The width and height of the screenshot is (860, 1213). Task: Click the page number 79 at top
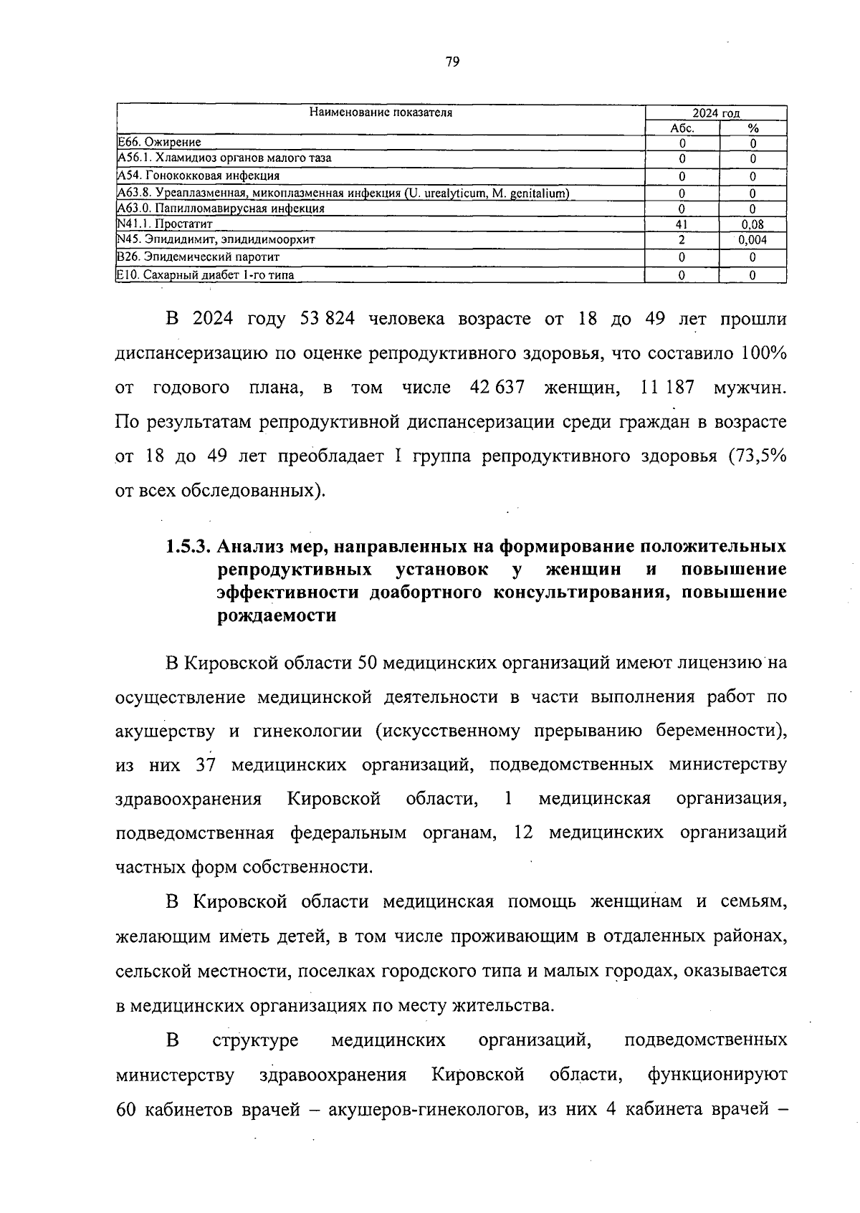[451, 62]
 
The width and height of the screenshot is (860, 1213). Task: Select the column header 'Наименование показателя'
[381, 112]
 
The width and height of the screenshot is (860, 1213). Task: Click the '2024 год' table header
[716, 113]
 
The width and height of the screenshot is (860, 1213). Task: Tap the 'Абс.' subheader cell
[682, 128]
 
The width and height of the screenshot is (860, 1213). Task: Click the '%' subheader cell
[752, 128]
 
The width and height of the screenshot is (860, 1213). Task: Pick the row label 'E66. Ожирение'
[159, 143]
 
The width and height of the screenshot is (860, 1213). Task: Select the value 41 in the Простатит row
[682, 224]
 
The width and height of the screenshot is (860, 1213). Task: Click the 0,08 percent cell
[752, 224]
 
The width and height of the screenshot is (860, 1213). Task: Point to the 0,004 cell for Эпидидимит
[752, 240]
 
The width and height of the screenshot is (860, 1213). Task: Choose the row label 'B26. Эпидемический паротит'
[198, 256]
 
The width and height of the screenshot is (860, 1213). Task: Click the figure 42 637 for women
[497, 388]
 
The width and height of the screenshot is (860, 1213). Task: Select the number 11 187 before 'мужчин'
[667, 388]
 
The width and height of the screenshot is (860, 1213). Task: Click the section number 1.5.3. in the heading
[187, 547]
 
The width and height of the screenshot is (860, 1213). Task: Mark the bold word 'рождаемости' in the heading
[277, 615]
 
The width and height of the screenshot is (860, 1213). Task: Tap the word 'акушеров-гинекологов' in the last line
[424, 1110]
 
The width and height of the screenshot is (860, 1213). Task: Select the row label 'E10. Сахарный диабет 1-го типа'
[205, 274]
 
